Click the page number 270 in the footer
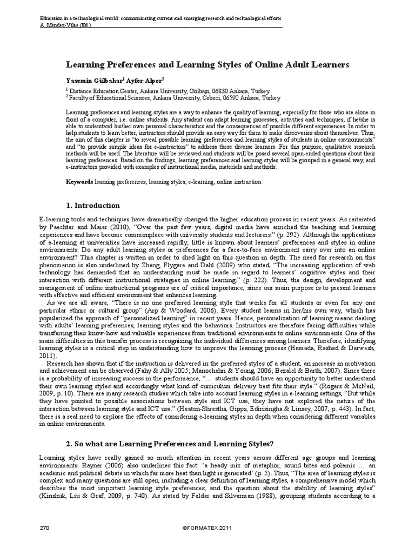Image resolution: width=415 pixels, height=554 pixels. pos(44,527)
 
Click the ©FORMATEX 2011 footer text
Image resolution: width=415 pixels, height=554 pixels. pos(207,527)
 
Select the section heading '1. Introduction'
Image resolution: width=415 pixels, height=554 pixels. pos(93,206)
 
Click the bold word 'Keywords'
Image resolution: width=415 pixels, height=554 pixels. pos(79,182)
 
